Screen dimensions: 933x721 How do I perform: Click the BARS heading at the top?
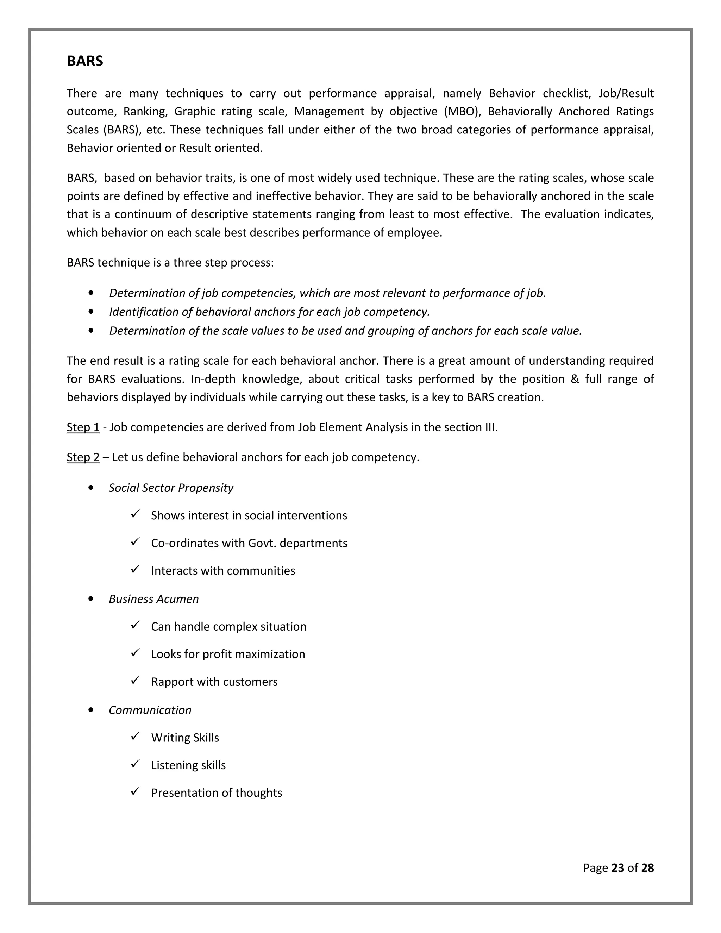[84, 61]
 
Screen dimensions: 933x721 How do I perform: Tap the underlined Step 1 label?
[83, 427]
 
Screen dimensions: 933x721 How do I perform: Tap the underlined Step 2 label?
[83, 457]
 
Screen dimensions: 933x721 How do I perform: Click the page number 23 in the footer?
[617, 868]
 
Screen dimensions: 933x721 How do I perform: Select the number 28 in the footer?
[647, 868]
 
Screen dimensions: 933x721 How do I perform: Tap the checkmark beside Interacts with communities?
[136, 569]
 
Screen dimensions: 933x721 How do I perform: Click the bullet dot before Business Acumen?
[90, 599]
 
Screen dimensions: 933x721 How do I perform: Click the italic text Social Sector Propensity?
[171, 488]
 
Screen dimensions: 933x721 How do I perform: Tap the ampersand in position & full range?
[575, 379]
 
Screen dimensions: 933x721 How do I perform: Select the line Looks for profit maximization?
[228, 654]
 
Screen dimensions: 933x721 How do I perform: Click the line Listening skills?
[188, 765]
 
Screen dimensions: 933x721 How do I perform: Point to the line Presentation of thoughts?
[216, 793]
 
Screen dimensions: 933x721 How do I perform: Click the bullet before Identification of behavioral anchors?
[90, 312]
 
